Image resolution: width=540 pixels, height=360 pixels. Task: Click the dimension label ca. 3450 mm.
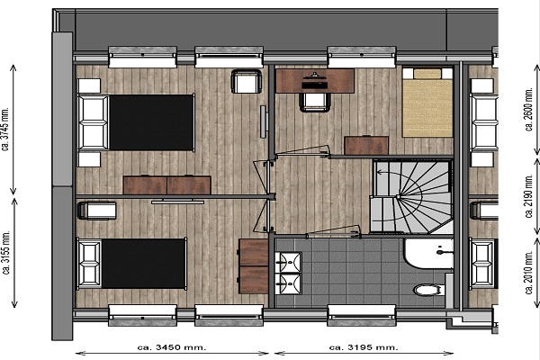[172, 347]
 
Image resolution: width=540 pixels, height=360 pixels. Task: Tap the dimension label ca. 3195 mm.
[364, 347]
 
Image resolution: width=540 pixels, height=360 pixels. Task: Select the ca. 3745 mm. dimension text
[5, 129]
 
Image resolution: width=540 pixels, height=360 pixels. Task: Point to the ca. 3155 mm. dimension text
[6, 252]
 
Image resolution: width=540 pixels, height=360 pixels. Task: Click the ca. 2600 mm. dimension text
[529, 109]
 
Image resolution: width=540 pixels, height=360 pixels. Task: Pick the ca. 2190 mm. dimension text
[529, 196]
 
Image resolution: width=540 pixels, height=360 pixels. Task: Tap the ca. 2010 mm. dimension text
[529, 272]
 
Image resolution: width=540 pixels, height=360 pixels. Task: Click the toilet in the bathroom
[429, 290]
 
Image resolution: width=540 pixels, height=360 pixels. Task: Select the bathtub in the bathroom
[429, 253]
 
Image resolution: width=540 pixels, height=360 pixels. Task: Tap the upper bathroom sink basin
[289, 262]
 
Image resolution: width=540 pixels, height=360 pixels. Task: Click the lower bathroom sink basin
[289, 283]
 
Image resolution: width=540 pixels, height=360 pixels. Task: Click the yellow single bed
[427, 103]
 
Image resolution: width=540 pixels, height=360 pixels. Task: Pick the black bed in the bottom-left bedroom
[132, 264]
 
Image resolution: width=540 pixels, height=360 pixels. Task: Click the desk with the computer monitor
[315, 81]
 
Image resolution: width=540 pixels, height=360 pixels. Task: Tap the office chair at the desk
[315, 103]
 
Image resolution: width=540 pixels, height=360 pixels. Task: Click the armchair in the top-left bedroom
[247, 81]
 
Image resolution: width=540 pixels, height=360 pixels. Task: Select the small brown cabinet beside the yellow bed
[366, 146]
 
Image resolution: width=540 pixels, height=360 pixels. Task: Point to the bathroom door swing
[333, 230]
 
